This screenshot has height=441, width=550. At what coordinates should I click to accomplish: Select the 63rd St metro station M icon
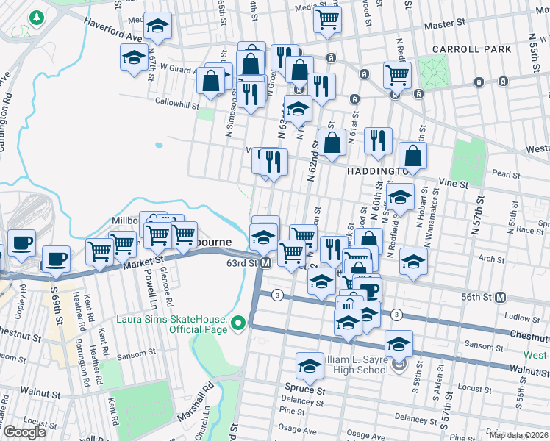pos(266,263)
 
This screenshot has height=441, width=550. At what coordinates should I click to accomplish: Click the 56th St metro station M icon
pos(501,297)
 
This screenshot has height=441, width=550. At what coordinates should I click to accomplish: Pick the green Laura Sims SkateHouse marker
pos(238,323)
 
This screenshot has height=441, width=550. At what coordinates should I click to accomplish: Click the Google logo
pos(24,432)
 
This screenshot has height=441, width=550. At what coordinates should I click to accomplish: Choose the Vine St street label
pos(454,182)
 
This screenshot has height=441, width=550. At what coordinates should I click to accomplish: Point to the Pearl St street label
pos(506,175)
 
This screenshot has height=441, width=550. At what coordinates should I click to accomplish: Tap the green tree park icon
pos(35,16)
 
